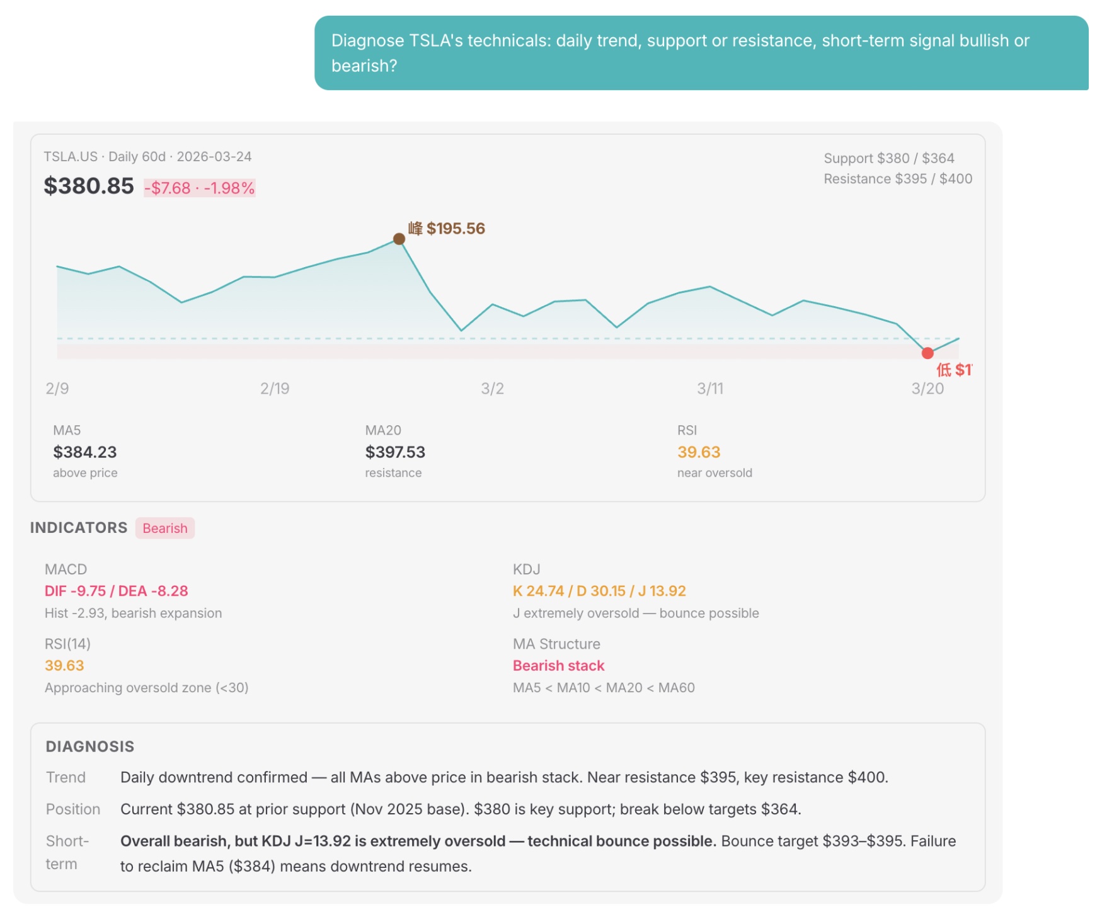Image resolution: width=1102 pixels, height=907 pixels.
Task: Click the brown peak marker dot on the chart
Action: click(399, 239)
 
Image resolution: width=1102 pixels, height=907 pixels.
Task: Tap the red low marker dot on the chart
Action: click(927, 353)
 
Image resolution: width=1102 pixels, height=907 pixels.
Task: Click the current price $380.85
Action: click(89, 186)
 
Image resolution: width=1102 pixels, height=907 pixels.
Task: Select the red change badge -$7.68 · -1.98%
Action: click(200, 188)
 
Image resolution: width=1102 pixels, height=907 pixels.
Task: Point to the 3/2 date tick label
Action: click(492, 389)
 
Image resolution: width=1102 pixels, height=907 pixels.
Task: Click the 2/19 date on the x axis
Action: click(275, 389)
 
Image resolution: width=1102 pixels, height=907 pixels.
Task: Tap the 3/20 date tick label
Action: click(927, 389)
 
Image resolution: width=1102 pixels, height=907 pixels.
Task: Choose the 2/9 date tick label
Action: click(57, 389)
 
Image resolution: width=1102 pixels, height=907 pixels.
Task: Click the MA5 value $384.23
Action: click(85, 452)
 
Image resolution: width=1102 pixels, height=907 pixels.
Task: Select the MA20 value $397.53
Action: click(395, 452)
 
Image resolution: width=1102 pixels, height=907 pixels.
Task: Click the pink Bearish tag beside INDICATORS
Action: click(165, 528)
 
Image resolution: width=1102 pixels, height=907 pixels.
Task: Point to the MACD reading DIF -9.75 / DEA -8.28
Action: click(117, 591)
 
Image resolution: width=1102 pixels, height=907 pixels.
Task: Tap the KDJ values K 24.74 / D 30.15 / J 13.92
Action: click(599, 591)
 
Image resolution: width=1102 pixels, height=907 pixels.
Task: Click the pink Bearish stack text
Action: click(558, 666)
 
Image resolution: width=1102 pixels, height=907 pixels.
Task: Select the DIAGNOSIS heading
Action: click(90, 746)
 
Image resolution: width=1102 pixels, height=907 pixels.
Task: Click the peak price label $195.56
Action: click(456, 228)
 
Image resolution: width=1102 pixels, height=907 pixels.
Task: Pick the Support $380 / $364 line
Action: click(889, 158)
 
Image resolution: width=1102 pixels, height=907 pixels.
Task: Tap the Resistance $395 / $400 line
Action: click(898, 179)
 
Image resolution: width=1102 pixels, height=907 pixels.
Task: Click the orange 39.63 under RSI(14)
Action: click(64, 666)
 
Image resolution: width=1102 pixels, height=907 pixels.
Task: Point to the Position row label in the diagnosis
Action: click(73, 809)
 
